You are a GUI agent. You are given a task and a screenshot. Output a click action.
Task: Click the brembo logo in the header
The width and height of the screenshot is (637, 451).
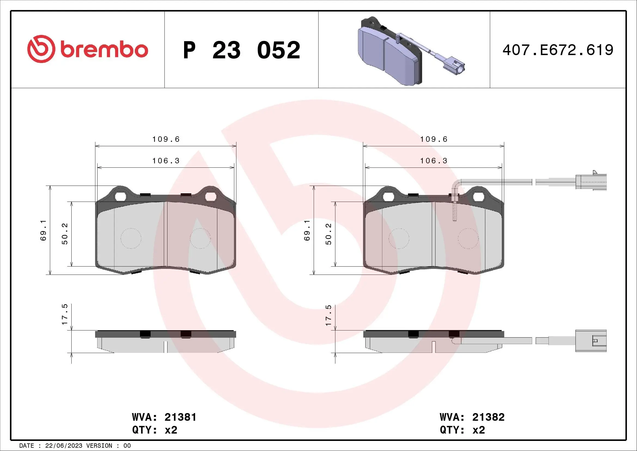88,49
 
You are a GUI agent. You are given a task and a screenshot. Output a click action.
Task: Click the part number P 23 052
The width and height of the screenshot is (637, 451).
241,50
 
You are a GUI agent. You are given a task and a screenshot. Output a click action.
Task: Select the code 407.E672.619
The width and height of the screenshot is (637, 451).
558,50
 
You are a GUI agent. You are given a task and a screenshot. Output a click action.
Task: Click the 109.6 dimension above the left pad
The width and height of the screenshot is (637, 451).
166,139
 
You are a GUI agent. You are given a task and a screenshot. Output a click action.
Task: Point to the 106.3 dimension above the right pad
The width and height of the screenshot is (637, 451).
434,161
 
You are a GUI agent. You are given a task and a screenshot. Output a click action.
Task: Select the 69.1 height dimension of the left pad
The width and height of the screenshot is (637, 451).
44,230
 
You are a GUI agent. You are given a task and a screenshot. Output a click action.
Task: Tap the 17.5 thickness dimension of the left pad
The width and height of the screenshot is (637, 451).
65,314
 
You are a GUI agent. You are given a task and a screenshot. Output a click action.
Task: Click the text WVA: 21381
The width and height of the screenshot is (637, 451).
164,417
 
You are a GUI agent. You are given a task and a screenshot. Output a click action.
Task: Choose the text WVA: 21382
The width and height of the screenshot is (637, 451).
472,417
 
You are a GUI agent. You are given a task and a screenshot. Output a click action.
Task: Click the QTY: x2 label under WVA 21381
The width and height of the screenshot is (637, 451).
154,430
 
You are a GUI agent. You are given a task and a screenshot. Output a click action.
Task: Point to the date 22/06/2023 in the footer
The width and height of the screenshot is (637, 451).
63,446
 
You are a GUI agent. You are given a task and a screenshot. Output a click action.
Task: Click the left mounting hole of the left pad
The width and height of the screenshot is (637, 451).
120,197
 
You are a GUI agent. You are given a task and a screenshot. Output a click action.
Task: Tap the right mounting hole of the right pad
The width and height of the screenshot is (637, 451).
478,197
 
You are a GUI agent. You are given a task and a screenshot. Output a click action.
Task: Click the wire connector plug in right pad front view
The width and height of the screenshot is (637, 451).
591,182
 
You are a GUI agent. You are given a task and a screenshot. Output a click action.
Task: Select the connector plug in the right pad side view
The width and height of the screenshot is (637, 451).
591,341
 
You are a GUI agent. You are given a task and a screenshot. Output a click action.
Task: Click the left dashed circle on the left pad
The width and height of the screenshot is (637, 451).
131,238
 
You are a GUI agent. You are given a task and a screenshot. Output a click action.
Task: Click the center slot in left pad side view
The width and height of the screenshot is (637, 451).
166,347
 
